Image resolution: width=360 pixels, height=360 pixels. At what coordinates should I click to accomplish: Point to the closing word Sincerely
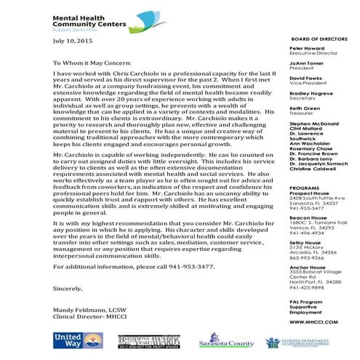tap(70, 289)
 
